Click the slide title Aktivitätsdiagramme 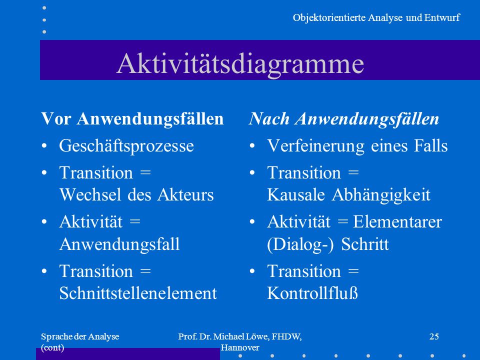pos(240,63)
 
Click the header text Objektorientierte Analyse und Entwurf pos(376,18)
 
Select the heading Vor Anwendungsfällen pos(132,119)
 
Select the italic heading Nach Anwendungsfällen pos(344,119)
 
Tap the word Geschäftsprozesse pos(126,145)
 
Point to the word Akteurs pos(185,194)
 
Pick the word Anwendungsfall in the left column pos(119,244)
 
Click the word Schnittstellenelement pos(138,293)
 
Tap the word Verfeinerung pos(316,145)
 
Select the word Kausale pos(295,194)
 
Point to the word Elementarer pos(397,221)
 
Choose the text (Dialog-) pos(300,245)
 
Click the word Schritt pos(365,244)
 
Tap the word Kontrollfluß pos(312,293)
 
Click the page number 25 pos(434,336)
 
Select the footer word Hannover pos(240,347)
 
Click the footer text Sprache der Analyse pos(80,336)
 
